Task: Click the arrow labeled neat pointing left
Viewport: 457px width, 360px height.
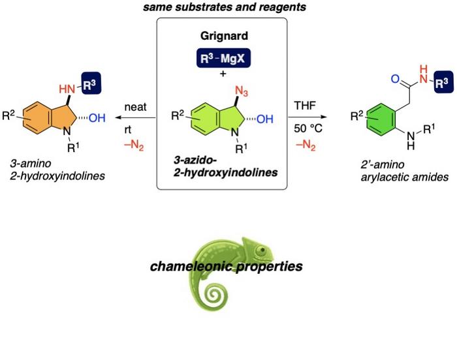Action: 138,118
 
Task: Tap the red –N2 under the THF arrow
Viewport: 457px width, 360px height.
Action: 304,145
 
